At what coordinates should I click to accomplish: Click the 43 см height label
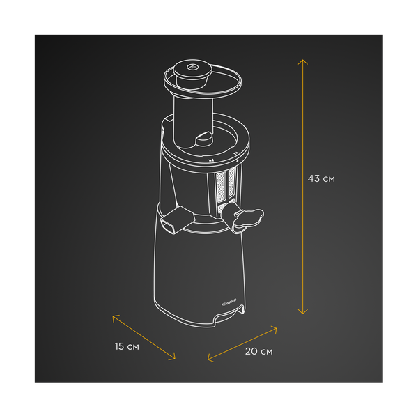[321, 179]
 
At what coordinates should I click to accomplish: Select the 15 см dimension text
[127, 346]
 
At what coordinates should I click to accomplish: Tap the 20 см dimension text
[258, 351]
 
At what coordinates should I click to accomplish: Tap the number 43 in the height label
[314, 179]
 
